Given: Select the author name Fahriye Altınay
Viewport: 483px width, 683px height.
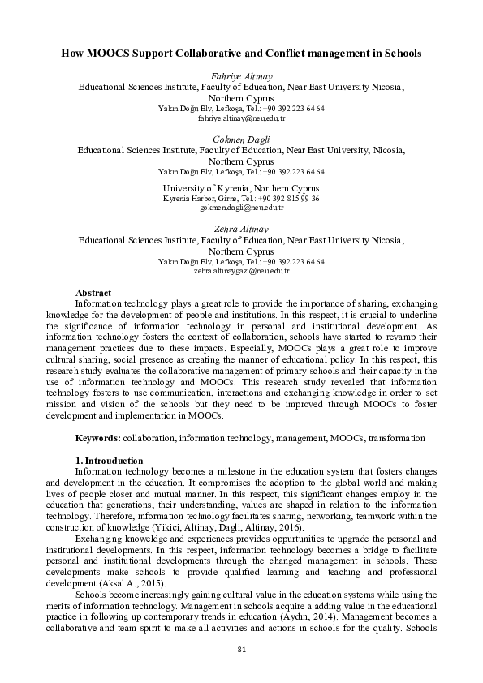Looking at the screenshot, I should [x=241, y=75].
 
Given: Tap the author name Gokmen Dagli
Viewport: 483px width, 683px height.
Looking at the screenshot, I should [x=241, y=140].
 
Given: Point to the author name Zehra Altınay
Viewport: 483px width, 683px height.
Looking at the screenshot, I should [x=241, y=230].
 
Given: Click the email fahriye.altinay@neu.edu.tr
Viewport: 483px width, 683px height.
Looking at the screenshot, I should [x=241, y=118].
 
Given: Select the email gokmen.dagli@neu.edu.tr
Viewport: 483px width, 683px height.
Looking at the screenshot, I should [x=241, y=208].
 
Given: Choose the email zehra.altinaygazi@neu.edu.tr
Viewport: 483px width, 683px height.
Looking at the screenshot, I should [x=241, y=272].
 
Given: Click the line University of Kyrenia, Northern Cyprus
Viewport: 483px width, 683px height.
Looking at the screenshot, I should [x=241, y=188].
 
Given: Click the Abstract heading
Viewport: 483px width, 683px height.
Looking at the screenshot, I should [x=93, y=293].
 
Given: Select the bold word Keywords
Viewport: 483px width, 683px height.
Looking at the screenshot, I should [x=97, y=438].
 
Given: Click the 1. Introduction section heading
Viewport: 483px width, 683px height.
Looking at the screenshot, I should [x=108, y=461].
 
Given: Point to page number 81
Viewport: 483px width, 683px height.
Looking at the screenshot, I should [x=241, y=649].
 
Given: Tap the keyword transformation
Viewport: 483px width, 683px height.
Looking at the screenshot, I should [x=396, y=438].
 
